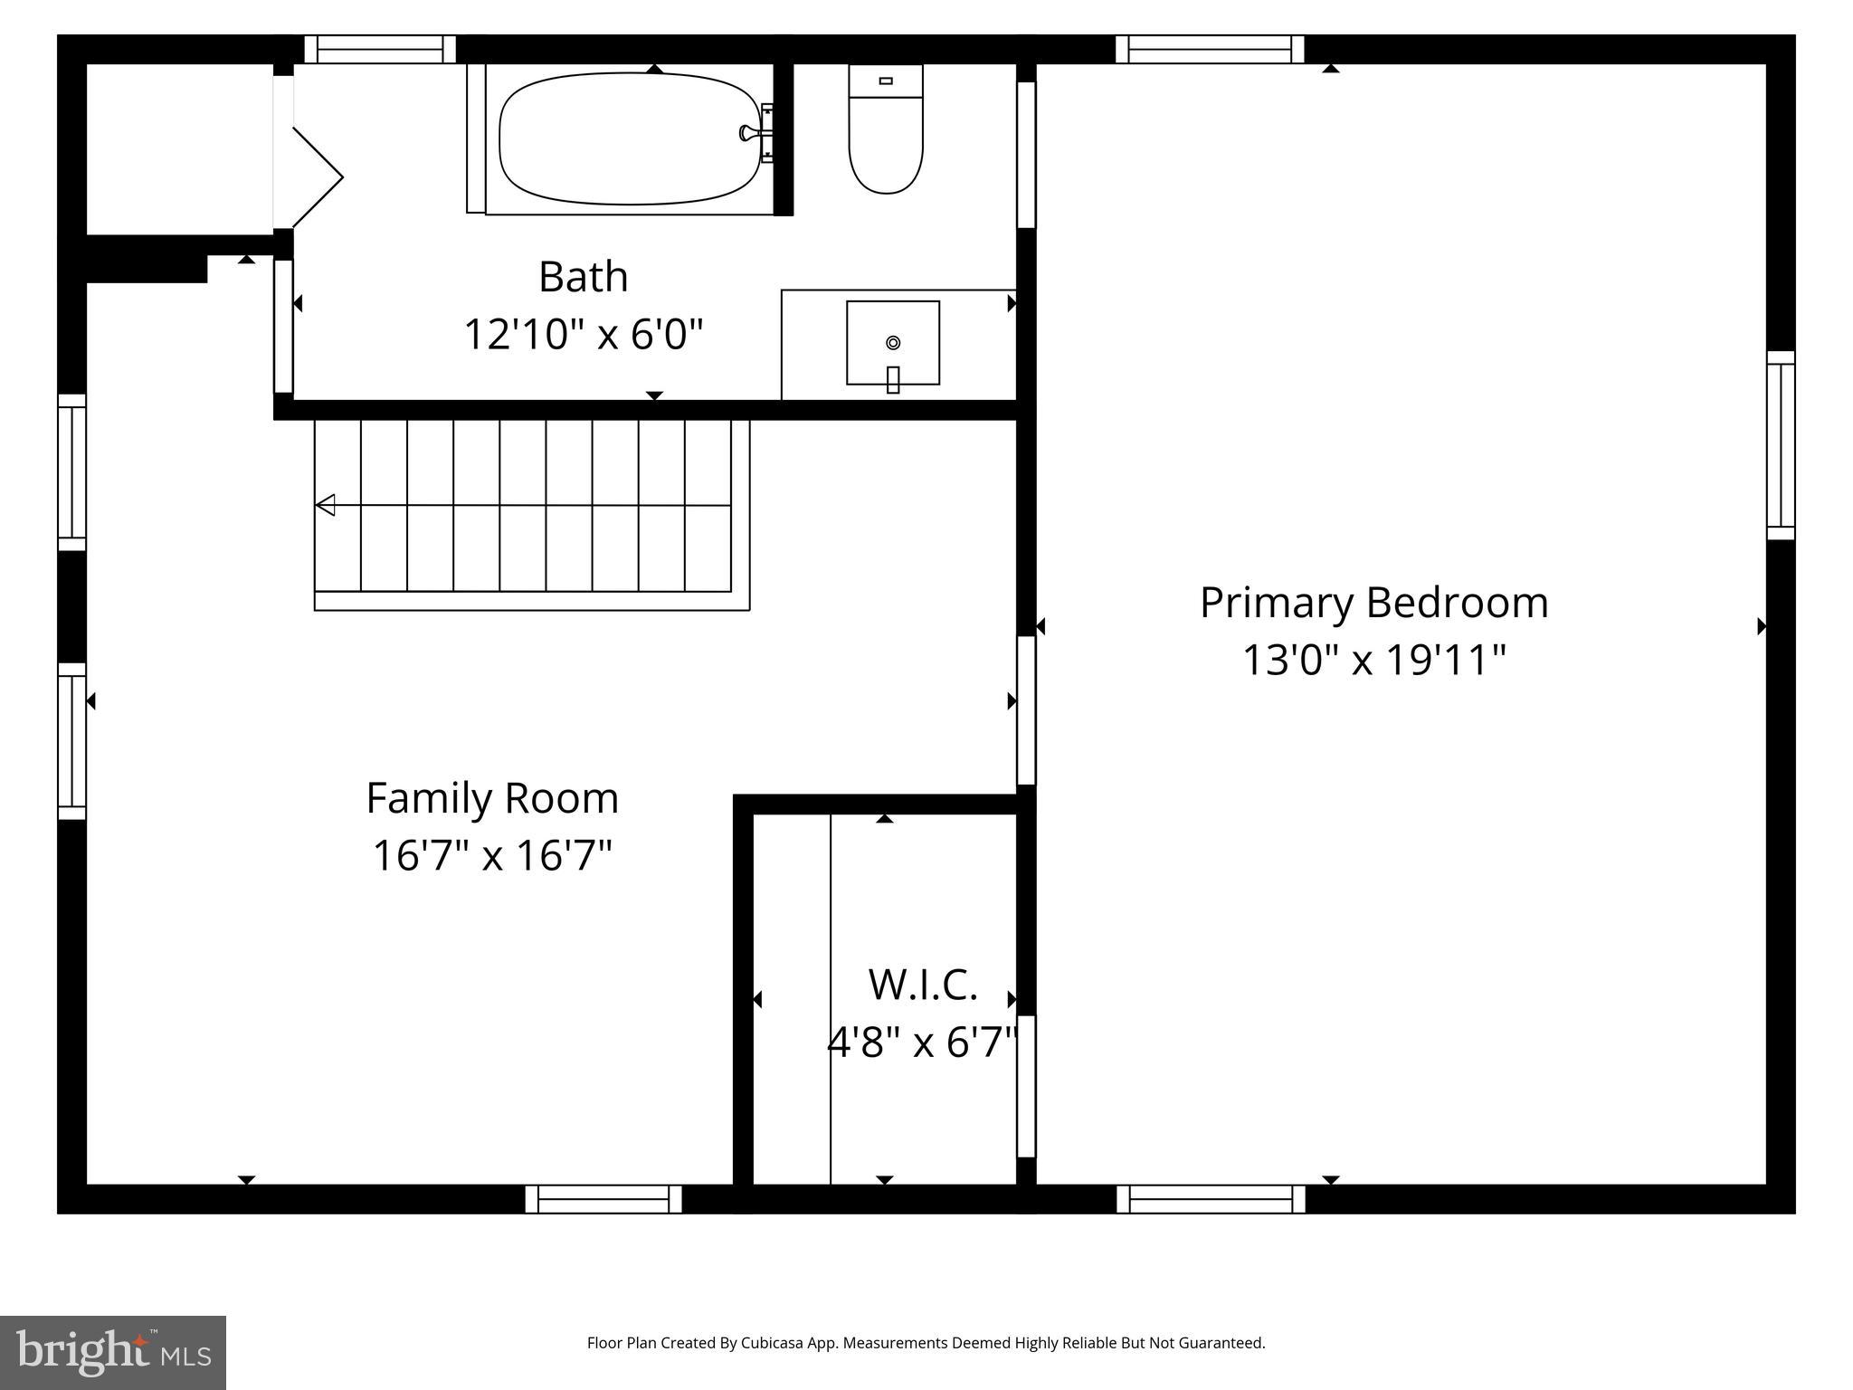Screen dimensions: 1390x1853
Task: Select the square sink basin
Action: [893, 342]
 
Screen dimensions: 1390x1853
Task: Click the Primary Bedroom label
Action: [1373, 603]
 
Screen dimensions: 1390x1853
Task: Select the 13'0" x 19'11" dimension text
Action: [1373, 660]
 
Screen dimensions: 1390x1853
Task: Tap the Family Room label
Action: [492, 798]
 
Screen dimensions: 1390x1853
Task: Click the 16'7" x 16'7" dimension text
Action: [492, 855]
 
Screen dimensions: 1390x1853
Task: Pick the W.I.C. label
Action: [923, 985]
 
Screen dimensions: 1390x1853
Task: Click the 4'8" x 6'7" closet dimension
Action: [923, 1042]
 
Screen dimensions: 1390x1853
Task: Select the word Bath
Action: [583, 277]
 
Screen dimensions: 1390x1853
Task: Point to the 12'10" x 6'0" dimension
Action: [583, 334]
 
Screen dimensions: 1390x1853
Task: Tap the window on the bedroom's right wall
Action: [1781, 445]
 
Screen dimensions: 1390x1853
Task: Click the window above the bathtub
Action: [379, 49]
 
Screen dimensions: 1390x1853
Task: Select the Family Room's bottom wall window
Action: [603, 1198]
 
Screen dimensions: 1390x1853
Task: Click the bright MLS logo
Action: [113, 1352]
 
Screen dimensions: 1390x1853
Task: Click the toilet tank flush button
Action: [886, 81]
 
